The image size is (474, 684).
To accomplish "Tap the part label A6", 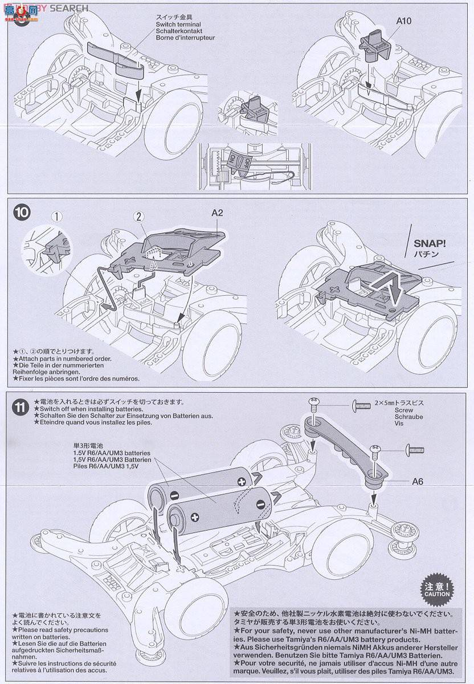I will point(419,481).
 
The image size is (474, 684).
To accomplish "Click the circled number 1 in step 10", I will point(56,216).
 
